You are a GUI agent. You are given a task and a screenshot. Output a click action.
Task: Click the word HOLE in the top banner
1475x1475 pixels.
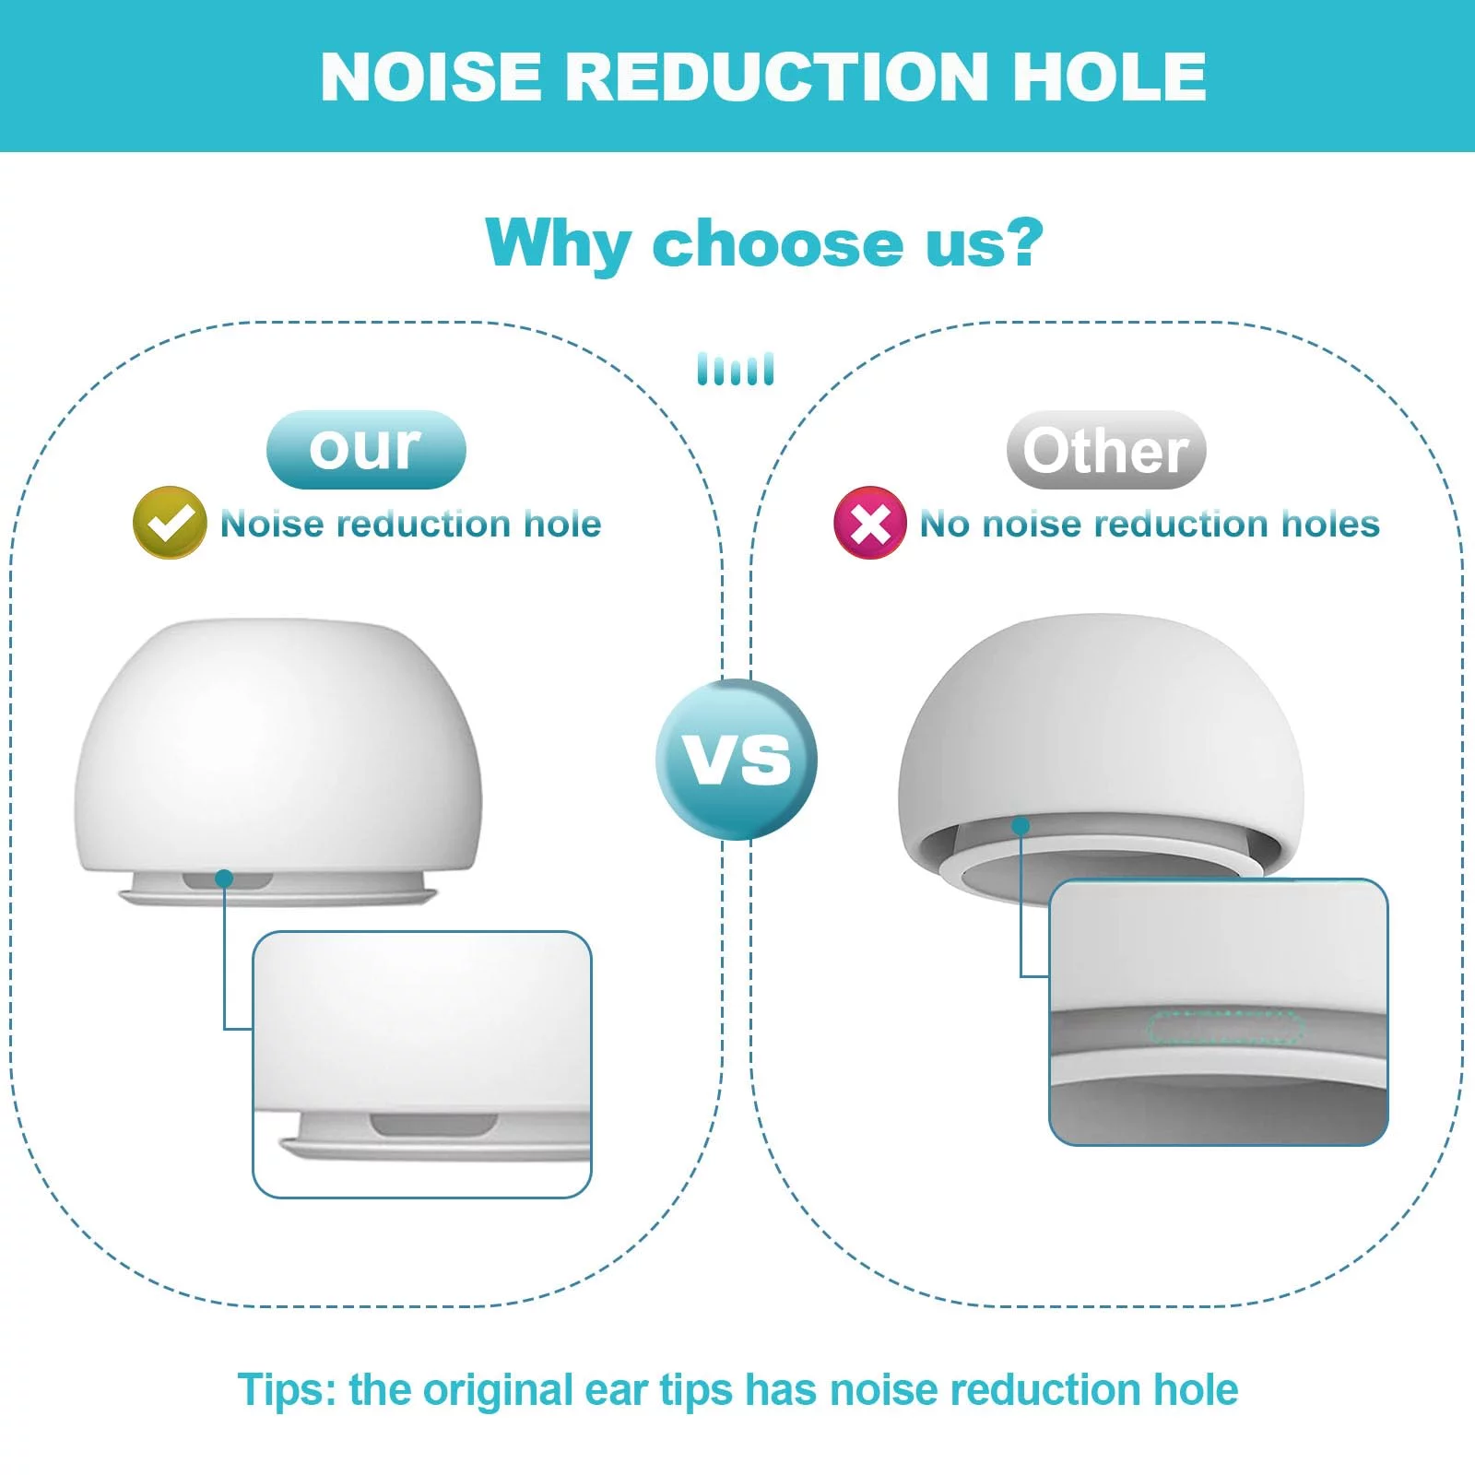click(1109, 76)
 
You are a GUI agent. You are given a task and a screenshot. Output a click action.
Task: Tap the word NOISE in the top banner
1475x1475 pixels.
click(431, 76)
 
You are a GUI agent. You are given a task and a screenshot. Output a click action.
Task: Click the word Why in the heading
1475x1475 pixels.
click(557, 244)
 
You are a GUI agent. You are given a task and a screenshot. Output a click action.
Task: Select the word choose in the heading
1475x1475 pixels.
click(778, 244)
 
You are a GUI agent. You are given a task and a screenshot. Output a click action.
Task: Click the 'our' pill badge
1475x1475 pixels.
click(366, 450)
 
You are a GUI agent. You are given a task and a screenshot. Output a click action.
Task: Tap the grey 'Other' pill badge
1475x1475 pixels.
click(1106, 450)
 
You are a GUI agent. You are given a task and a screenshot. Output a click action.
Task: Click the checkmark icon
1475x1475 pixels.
click(170, 523)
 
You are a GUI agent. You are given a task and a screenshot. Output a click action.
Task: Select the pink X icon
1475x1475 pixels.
click(869, 523)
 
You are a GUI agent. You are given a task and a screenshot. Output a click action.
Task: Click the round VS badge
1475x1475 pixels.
click(737, 760)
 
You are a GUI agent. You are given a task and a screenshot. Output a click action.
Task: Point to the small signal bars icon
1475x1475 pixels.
click(736, 369)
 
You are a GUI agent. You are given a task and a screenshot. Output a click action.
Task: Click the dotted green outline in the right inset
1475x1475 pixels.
click(1225, 1028)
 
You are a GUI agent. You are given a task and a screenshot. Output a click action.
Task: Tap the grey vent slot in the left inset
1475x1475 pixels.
click(432, 1125)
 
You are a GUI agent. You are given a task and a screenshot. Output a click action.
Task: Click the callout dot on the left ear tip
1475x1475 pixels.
click(224, 879)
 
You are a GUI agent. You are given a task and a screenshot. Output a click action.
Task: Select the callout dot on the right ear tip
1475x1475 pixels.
click(1021, 826)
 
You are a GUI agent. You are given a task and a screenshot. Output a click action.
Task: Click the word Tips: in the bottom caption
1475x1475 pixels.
click(288, 1389)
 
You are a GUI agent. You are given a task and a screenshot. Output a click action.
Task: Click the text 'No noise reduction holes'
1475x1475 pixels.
click(1150, 524)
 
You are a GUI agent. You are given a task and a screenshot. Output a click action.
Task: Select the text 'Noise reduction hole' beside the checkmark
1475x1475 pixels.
click(411, 524)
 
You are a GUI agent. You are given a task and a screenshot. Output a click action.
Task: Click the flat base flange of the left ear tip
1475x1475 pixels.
click(277, 896)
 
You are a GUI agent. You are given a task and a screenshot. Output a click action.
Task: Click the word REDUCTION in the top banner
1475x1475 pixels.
click(776, 76)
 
